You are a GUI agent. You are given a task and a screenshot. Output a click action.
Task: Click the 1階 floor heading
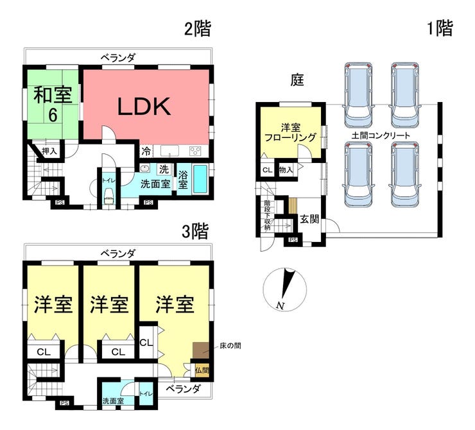click(440, 28)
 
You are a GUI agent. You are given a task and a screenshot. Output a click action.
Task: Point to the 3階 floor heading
click(196, 231)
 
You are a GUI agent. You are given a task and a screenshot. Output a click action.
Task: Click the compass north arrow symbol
click(285, 289)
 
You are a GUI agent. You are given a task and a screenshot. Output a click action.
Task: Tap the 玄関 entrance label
click(309, 219)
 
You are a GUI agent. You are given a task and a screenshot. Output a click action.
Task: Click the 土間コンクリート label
click(381, 135)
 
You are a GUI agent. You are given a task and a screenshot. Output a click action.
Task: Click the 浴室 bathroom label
click(183, 178)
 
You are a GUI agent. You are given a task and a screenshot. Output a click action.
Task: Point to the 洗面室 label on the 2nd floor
click(155, 184)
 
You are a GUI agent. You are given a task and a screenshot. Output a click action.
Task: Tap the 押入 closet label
click(49, 151)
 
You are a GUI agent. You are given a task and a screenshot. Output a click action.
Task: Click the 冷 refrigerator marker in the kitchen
click(146, 151)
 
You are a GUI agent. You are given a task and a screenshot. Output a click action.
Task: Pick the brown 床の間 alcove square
click(201, 350)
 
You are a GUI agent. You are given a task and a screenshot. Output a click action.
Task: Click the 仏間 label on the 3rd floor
click(202, 370)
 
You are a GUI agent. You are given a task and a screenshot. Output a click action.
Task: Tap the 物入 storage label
click(286, 170)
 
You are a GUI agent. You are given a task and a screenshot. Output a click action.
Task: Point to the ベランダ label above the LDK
click(117, 58)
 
